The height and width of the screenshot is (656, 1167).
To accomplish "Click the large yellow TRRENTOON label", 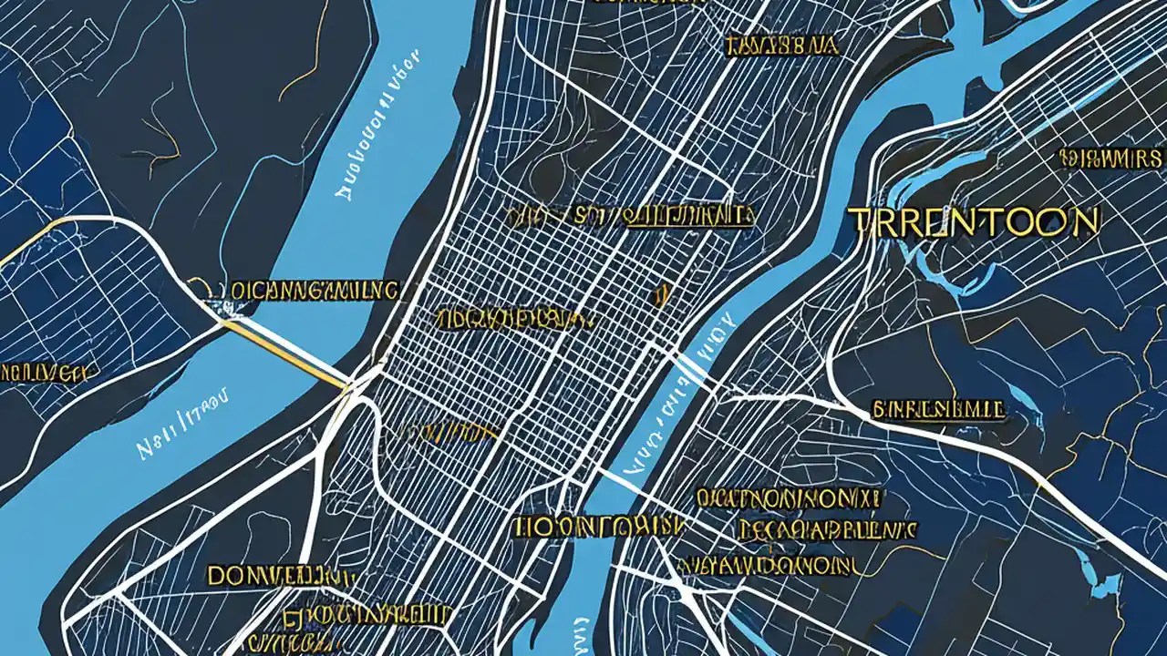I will point(973,222).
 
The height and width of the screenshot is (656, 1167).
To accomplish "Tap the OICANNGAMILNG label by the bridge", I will point(314,291).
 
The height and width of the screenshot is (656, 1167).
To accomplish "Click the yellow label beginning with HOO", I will point(597,527).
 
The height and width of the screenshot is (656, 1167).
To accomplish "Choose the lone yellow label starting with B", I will point(939,409).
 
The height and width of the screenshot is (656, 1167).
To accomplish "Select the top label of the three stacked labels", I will point(788,498).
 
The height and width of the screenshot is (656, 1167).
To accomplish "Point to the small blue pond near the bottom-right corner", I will point(1108,583).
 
